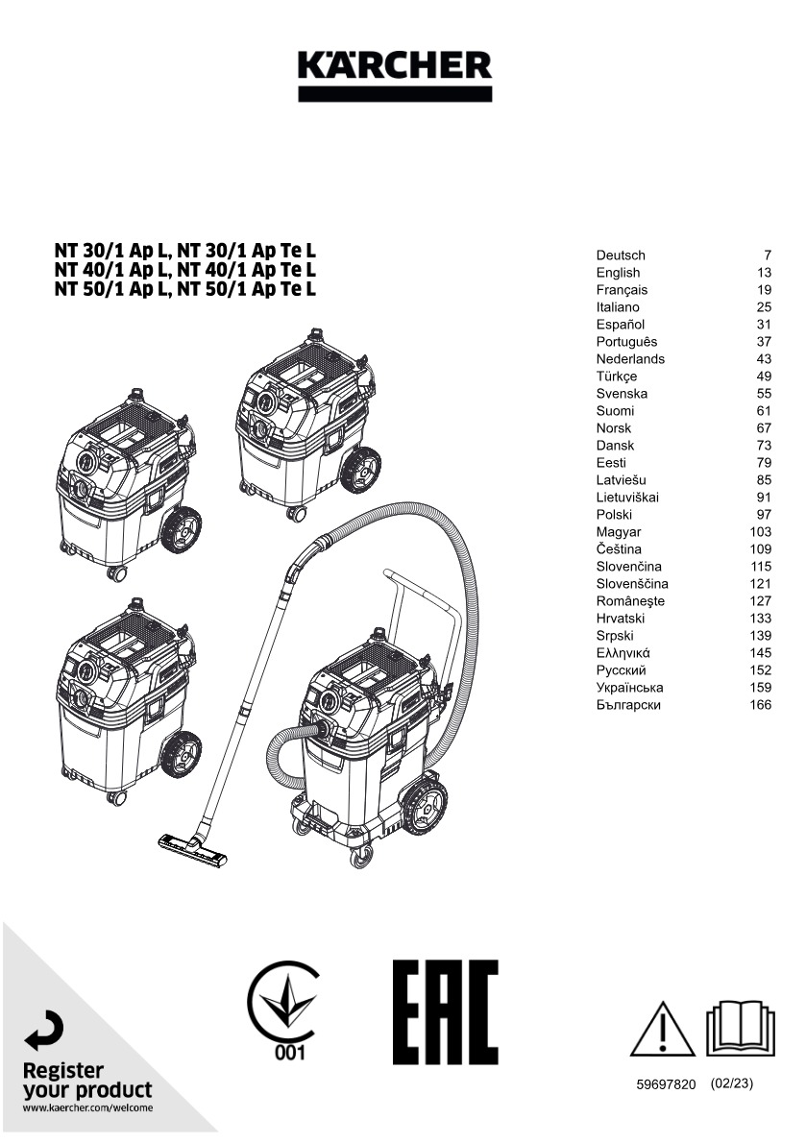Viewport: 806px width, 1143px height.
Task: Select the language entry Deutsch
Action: [621, 255]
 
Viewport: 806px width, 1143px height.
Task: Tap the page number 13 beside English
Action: [765, 273]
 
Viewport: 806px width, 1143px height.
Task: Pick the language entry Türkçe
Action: [617, 377]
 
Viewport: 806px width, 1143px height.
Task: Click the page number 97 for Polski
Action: [765, 515]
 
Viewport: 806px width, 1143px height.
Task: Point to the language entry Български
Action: [628, 705]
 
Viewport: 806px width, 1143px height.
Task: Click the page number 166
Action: [761, 705]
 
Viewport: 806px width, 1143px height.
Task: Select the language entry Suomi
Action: [615, 411]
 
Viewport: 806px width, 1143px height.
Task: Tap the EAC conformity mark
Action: [446, 1011]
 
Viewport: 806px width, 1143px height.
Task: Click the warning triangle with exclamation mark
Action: [663, 1030]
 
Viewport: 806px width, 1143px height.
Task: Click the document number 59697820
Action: [666, 1084]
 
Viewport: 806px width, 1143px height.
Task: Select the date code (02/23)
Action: [731, 1083]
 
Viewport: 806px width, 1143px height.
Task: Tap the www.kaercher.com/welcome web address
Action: [87, 1107]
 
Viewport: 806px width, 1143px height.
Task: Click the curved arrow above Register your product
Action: [44, 1033]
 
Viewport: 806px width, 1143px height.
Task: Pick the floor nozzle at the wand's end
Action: [193, 850]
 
